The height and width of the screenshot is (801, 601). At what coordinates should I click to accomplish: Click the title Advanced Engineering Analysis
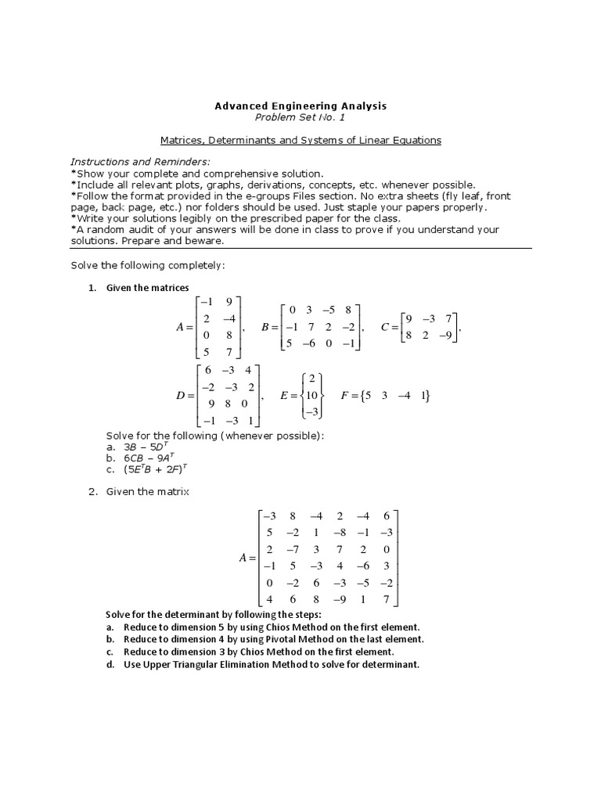tap(300, 105)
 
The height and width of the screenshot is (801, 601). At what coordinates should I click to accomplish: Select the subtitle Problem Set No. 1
tap(300, 117)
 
